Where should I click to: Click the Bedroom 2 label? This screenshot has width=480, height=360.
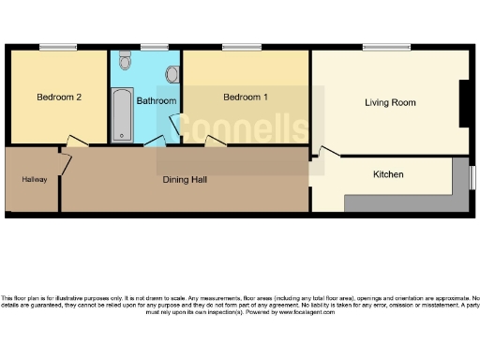click(x=57, y=97)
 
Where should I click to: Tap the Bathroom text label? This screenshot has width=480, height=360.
click(x=156, y=100)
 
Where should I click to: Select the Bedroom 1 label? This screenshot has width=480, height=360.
click(x=245, y=97)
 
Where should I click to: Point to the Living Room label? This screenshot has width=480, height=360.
click(x=390, y=102)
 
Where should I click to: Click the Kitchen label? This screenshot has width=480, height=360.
click(x=388, y=174)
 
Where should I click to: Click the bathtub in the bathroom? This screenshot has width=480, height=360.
click(x=122, y=114)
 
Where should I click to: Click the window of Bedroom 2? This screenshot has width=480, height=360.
click(x=58, y=47)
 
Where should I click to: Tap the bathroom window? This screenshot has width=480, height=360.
click(x=154, y=47)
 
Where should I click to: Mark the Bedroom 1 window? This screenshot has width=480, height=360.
click(x=235, y=47)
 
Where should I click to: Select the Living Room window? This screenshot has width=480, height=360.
click(x=386, y=47)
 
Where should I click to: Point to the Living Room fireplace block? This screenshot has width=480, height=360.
click(x=464, y=103)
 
